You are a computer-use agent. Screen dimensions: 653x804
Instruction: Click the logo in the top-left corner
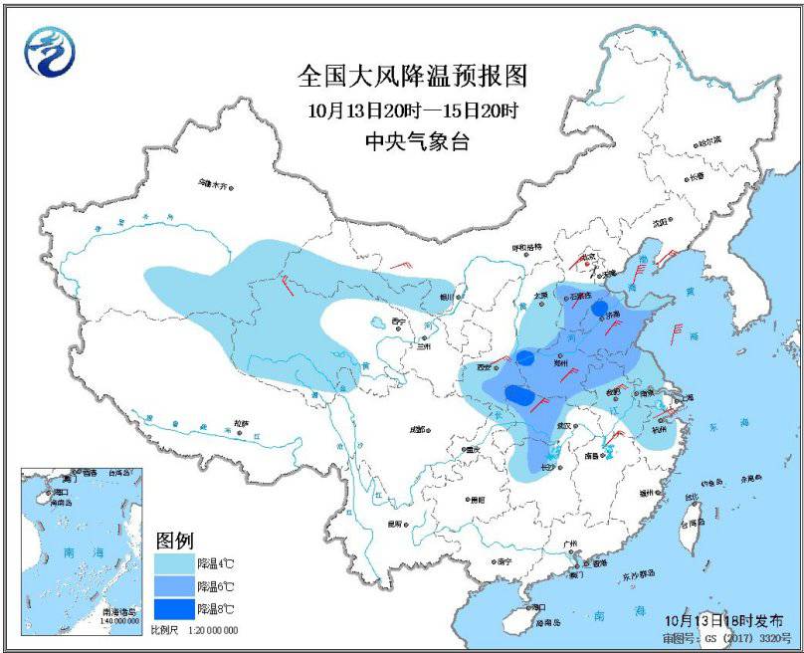click(45, 51)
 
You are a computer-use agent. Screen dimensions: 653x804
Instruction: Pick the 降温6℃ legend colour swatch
click(174, 586)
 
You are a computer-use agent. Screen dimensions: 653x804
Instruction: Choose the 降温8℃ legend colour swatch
click(174, 608)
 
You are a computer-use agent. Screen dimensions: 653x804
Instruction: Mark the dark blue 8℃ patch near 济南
click(599, 309)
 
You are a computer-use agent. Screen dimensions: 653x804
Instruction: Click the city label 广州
click(570, 543)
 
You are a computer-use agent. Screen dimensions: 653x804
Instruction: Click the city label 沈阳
click(661, 224)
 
